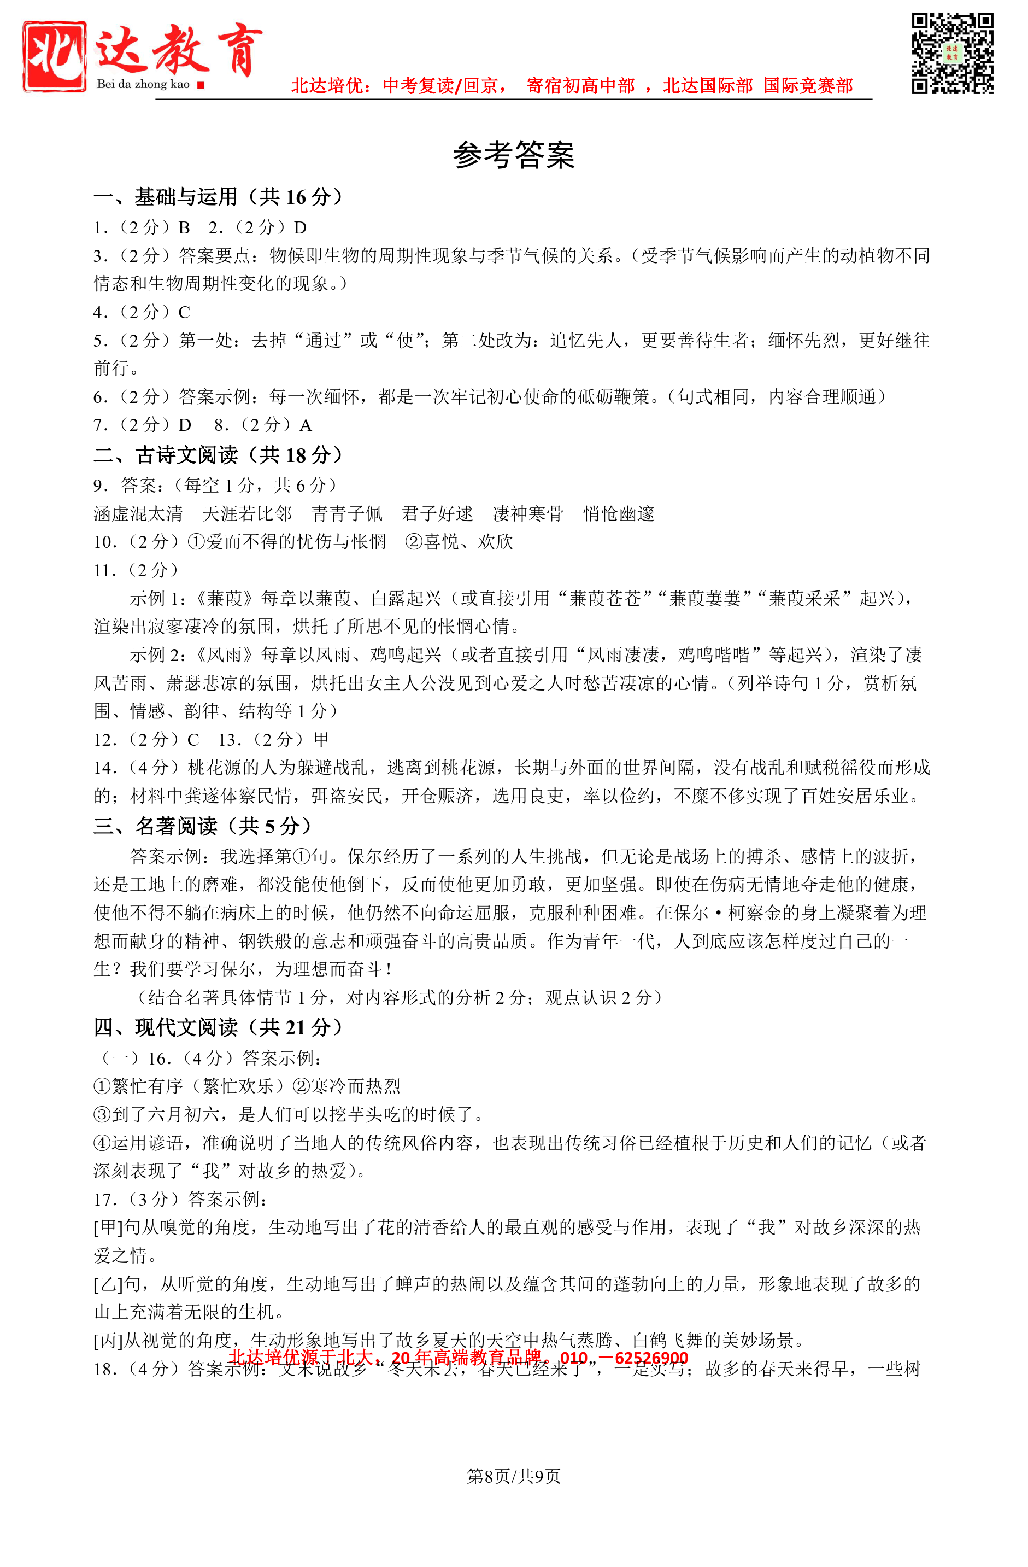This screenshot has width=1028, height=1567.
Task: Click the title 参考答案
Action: [x=513, y=155]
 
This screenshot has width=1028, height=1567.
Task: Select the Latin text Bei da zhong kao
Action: [x=143, y=84]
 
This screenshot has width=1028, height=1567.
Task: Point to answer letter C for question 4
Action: [x=184, y=312]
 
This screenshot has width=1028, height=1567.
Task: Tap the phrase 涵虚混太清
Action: [x=138, y=513]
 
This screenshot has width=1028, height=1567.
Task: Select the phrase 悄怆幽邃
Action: [x=619, y=513]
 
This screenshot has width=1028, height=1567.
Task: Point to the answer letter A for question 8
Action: [x=306, y=425]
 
